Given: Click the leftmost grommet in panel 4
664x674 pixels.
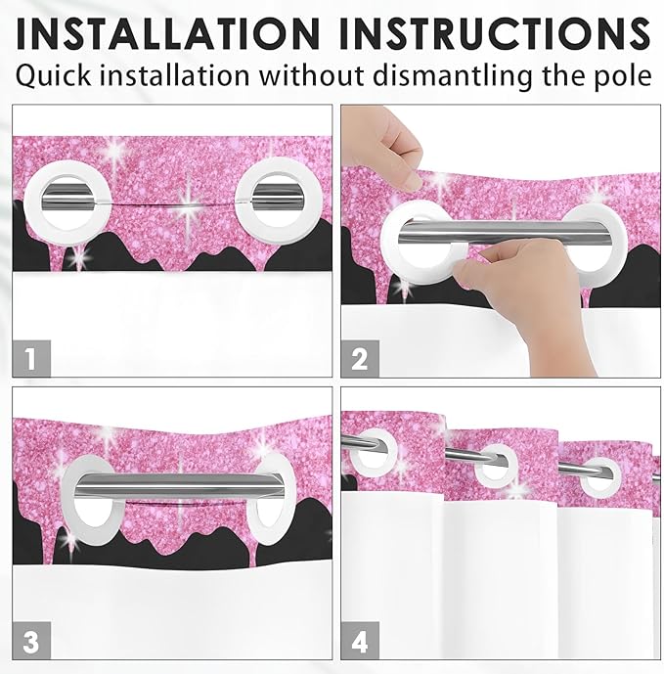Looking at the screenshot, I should click(x=373, y=450).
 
